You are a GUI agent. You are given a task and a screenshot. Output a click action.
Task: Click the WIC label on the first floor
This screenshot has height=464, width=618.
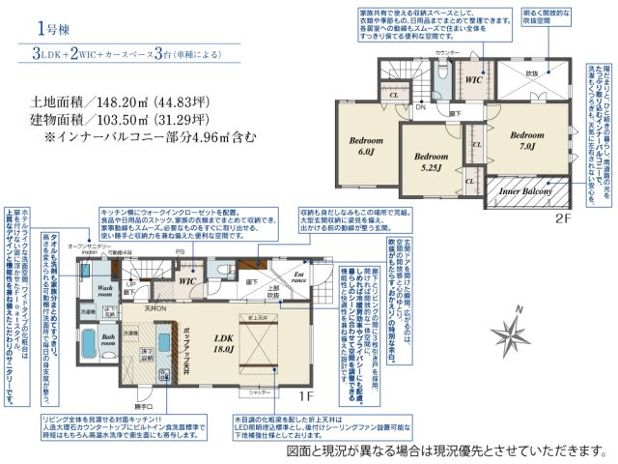click(x=190, y=281)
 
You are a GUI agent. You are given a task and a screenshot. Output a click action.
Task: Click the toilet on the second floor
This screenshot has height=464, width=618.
click(x=440, y=75)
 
